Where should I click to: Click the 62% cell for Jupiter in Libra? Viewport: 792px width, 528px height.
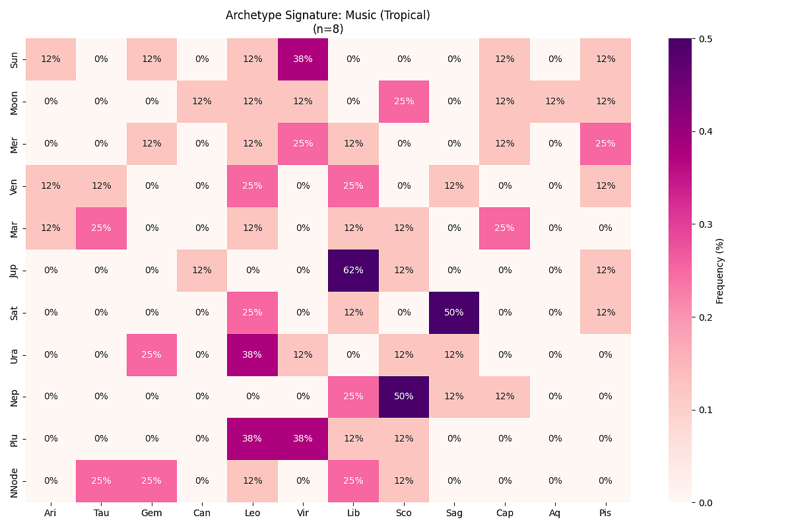[353, 270]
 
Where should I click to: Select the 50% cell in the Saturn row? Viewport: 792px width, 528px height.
[454, 312]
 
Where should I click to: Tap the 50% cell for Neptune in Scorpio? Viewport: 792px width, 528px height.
[404, 397]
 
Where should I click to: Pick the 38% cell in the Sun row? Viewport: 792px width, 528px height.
[303, 59]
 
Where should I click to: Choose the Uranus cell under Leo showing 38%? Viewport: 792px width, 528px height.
[252, 354]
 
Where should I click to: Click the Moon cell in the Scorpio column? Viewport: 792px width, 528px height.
[404, 101]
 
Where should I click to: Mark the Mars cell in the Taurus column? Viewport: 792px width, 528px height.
[101, 228]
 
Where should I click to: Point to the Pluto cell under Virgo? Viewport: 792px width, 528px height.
[303, 439]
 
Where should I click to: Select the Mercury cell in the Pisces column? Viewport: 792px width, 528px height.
[605, 143]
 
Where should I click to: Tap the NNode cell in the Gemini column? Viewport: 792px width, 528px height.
[151, 481]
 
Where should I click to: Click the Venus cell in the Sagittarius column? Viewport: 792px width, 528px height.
[454, 185]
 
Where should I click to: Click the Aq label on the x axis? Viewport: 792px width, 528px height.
[555, 512]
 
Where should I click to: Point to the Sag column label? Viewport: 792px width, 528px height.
[454, 512]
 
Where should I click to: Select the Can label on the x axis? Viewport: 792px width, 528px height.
[202, 512]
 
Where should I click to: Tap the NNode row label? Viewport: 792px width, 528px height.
[15, 481]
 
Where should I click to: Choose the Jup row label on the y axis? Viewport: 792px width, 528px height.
[15, 270]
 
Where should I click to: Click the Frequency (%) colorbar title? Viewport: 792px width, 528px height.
[720, 271]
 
